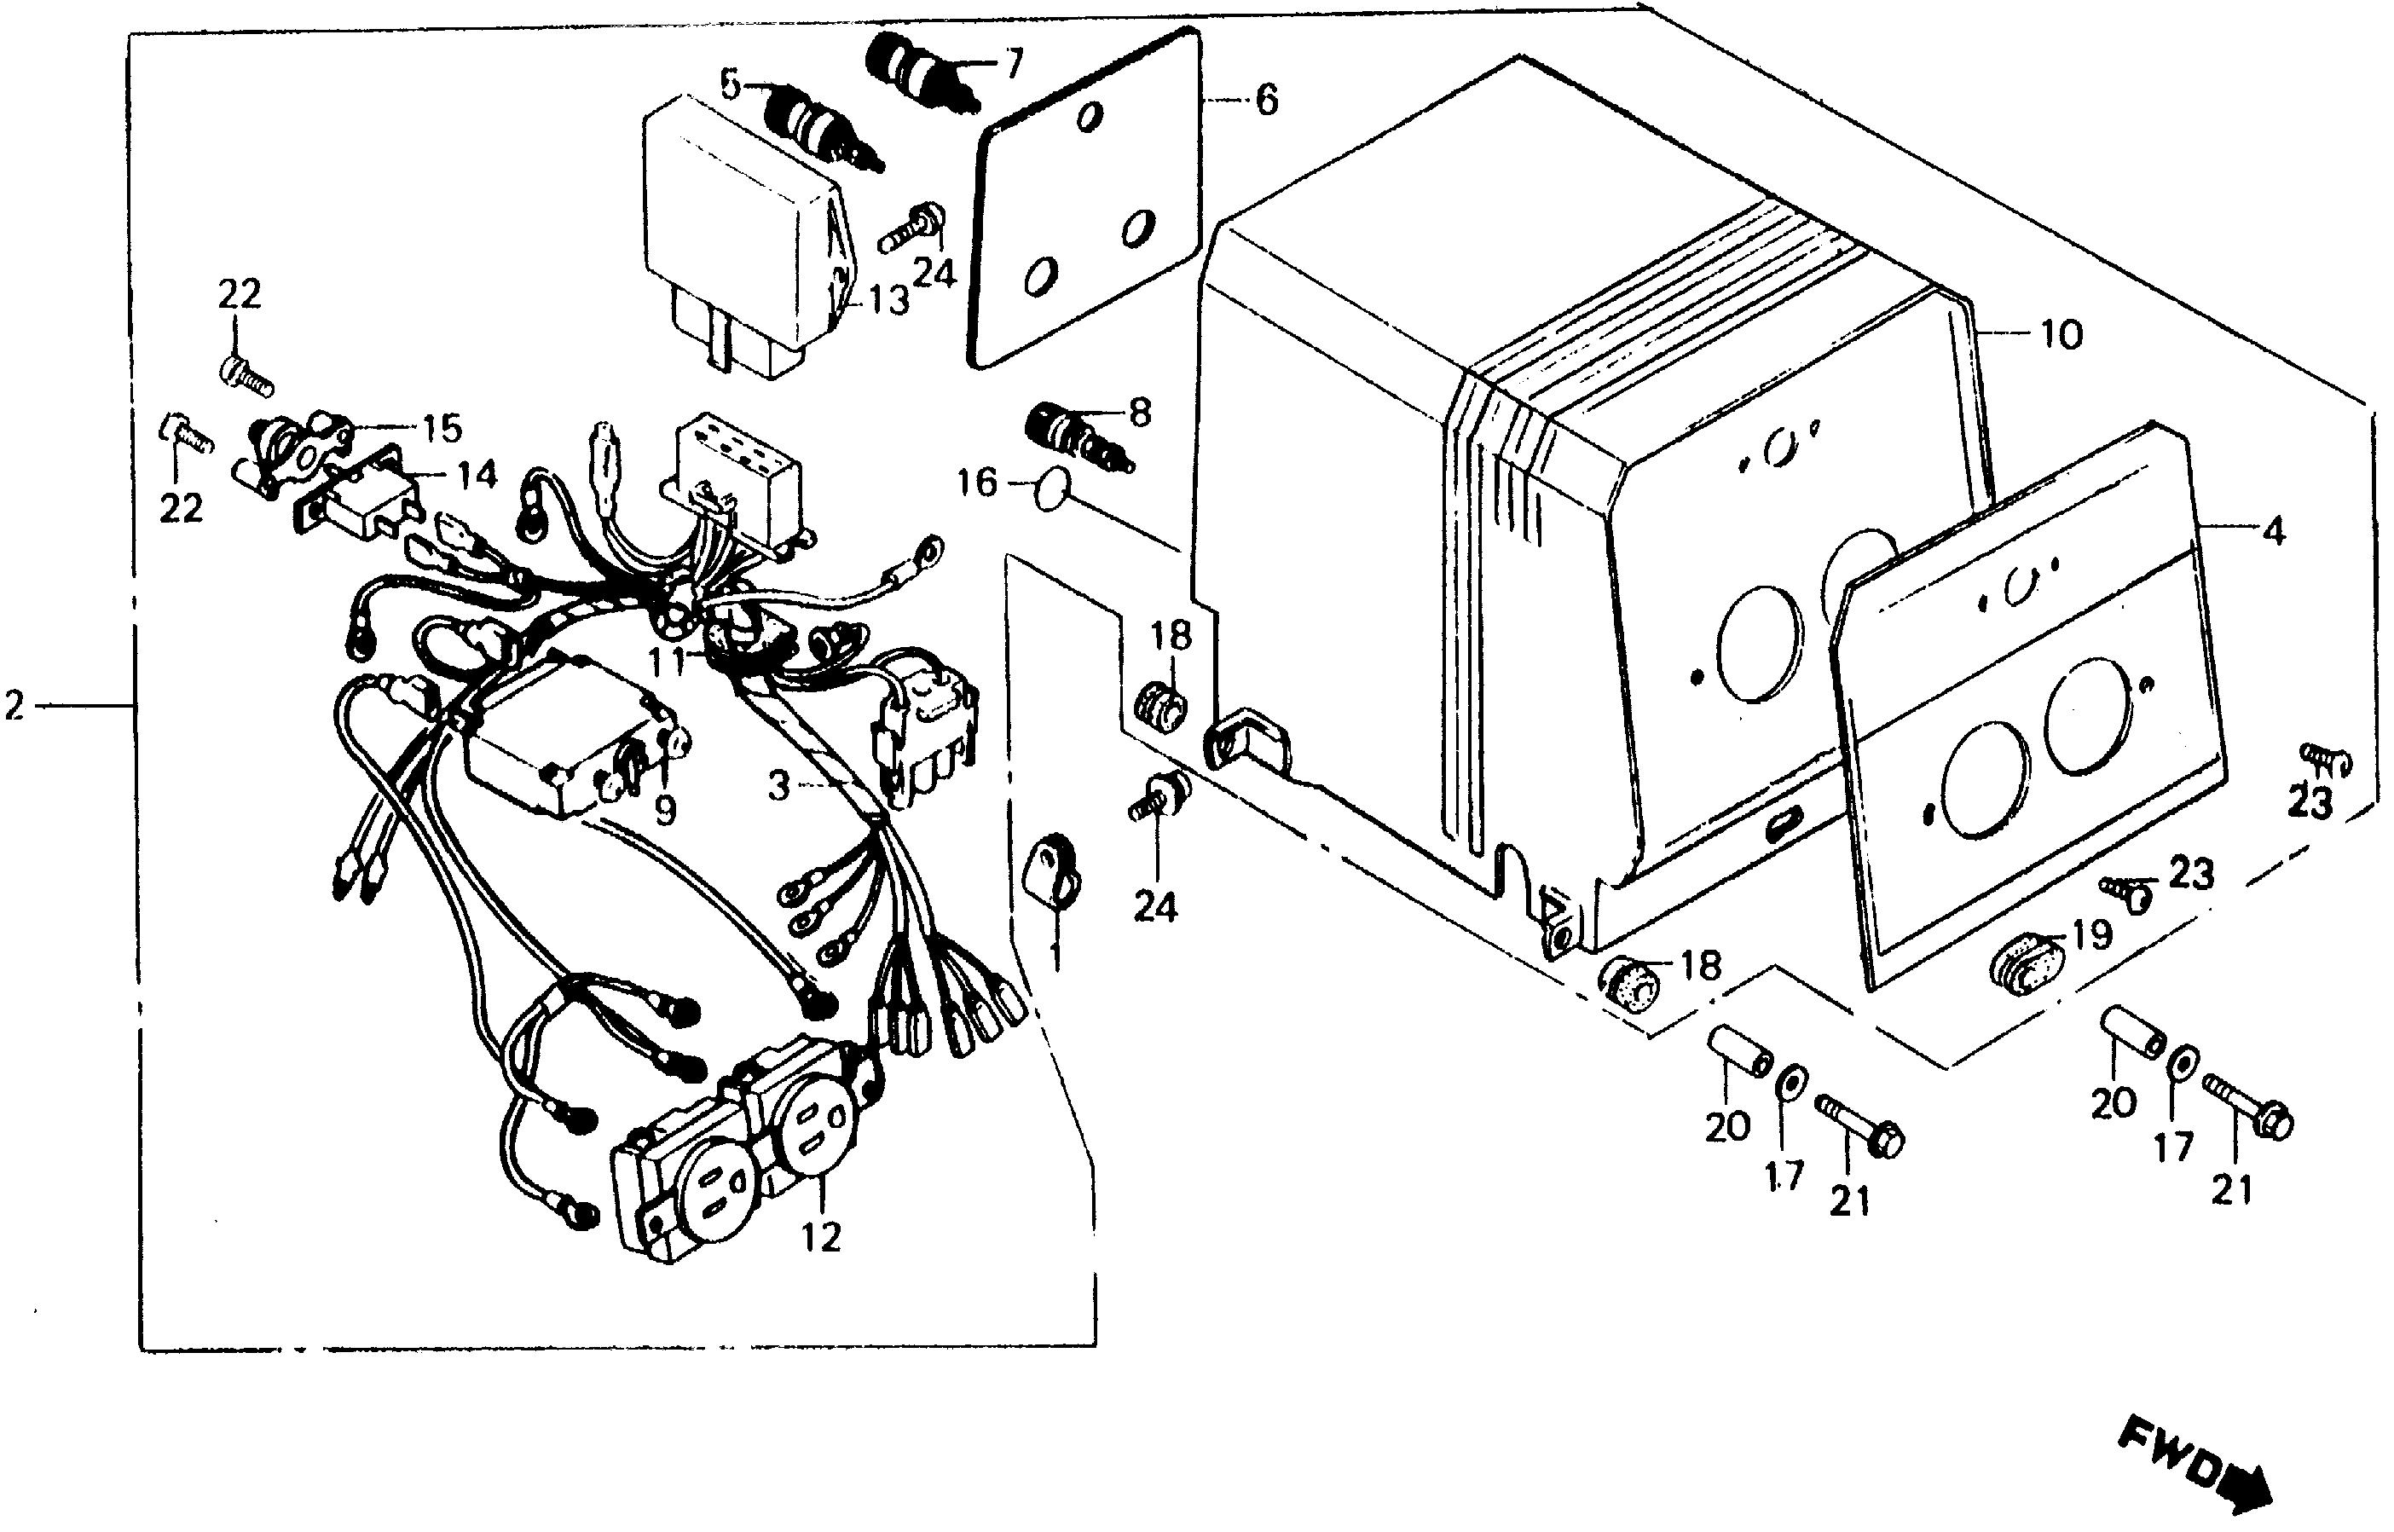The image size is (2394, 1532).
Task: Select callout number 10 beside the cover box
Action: [x=2061, y=335]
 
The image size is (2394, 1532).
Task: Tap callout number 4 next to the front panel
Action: [x=2274, y=533]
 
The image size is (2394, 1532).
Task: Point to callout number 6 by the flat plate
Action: [x=1266, y=101]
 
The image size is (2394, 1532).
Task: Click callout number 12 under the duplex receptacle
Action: [x=823, y=1236]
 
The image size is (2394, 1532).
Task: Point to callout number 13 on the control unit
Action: [x=888, y=298]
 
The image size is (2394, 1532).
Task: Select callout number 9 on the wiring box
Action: [x=664, y=811]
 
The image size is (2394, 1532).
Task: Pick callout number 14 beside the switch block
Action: [x=477, y=476]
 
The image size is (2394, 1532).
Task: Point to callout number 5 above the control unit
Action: [x=731, y=87]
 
